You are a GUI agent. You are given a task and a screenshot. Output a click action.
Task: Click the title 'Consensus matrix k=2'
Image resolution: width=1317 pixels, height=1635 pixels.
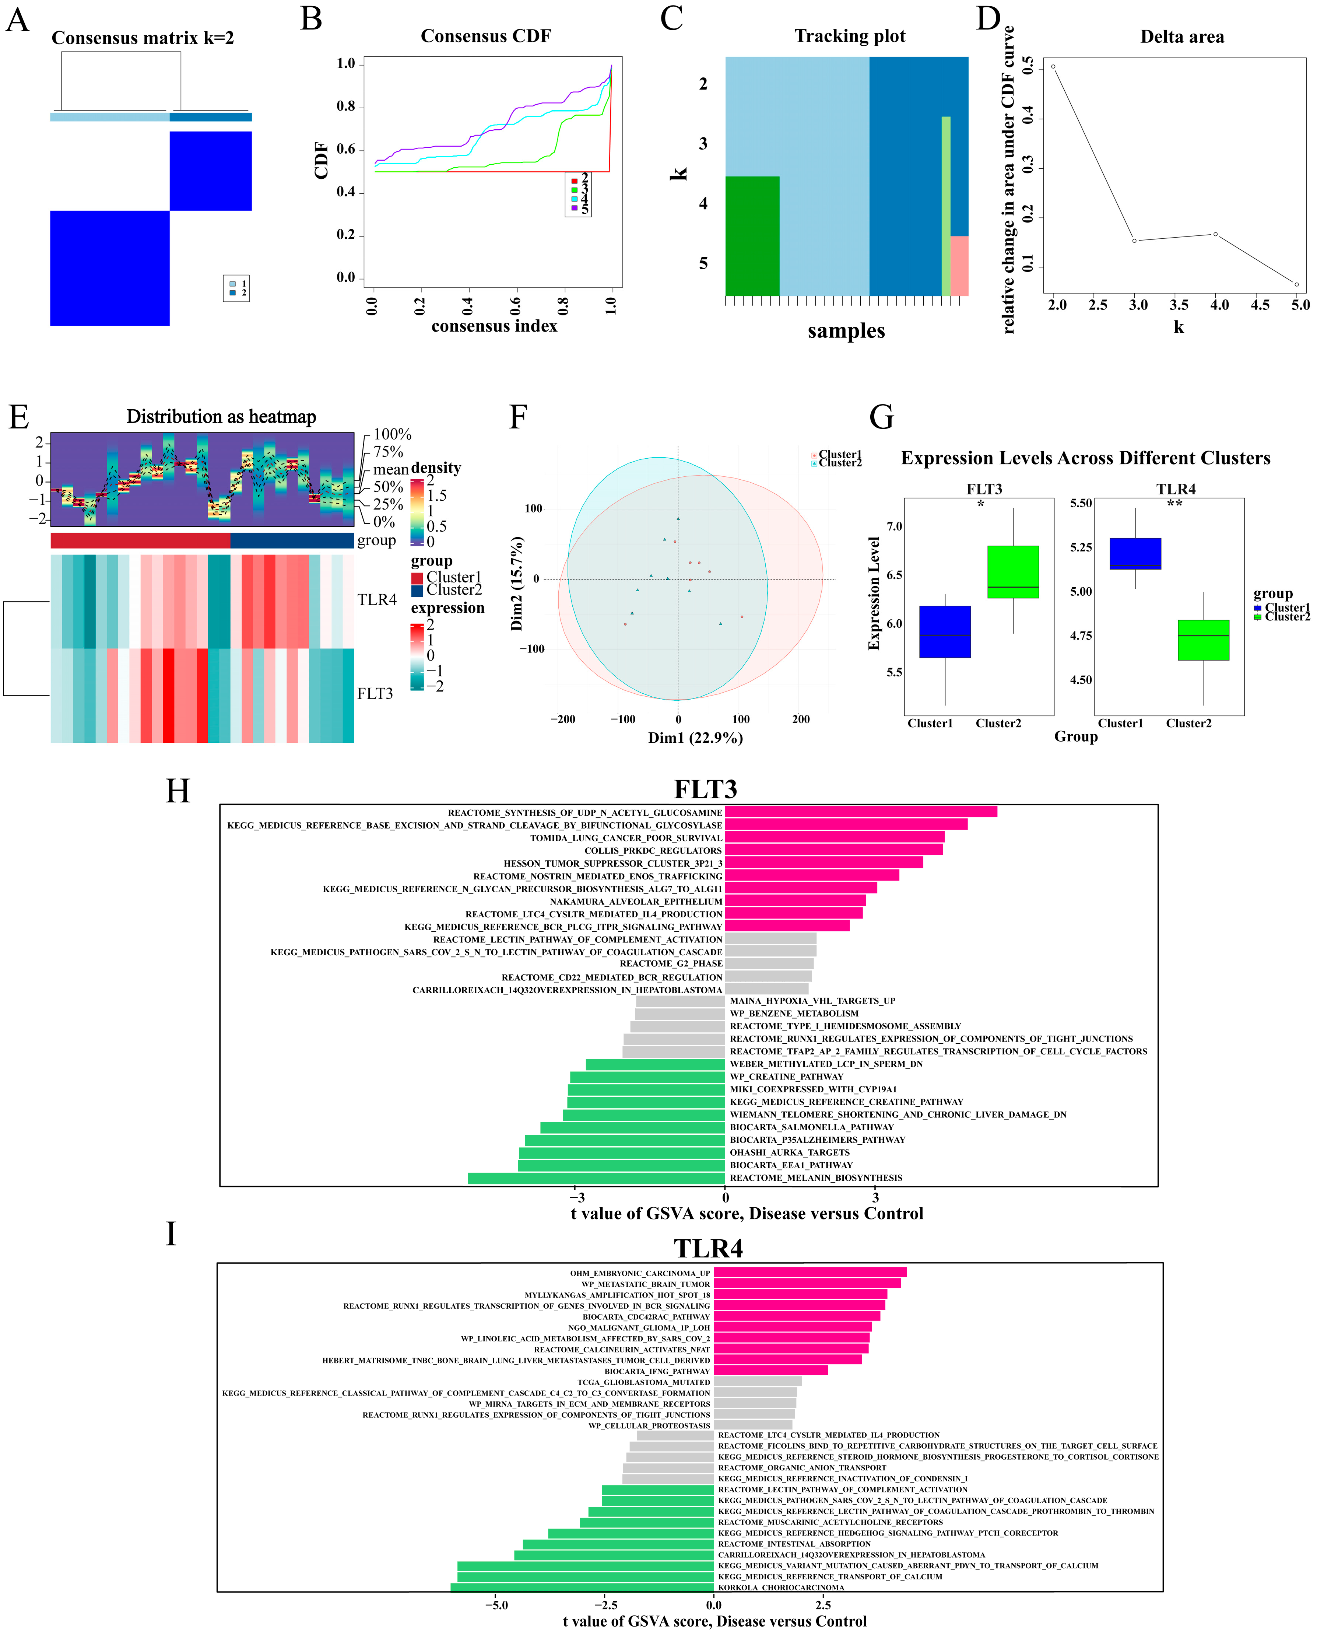pos(143,38)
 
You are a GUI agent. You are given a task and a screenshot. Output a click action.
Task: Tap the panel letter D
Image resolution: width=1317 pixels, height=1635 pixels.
pos(988,18)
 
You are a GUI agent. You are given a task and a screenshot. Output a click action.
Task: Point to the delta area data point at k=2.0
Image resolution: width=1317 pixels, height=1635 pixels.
pos(1053,67)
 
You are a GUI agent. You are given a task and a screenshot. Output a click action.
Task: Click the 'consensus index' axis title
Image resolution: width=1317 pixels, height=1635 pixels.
pos(494,326)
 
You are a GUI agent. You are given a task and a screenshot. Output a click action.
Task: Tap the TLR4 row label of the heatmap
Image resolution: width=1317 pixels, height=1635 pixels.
pos(377,600)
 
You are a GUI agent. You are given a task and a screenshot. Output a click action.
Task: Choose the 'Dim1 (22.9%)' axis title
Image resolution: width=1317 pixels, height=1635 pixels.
pos(695,738)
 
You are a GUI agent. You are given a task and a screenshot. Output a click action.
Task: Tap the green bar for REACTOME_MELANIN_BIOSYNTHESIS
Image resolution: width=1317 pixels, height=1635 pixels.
pos(596,1178)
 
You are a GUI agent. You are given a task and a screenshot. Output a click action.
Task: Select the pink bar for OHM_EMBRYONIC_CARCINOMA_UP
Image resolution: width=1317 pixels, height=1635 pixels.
pos(809,1272)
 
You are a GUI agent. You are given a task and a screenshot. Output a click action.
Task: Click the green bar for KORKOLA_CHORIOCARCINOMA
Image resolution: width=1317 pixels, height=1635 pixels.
pos(582,1587)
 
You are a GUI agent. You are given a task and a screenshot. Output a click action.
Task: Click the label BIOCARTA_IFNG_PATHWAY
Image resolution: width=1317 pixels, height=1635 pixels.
pos(657,1371)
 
